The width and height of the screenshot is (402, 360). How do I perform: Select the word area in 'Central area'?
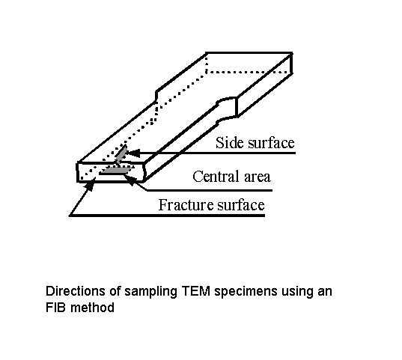tap(257, 178)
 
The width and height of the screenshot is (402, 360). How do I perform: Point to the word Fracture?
tap(184, 205)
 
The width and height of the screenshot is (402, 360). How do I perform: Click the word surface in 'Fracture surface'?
tap(240, 205)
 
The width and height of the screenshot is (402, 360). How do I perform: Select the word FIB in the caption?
tap(57, 306)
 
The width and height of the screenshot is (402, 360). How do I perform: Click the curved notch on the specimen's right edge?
tap(224, 109)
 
